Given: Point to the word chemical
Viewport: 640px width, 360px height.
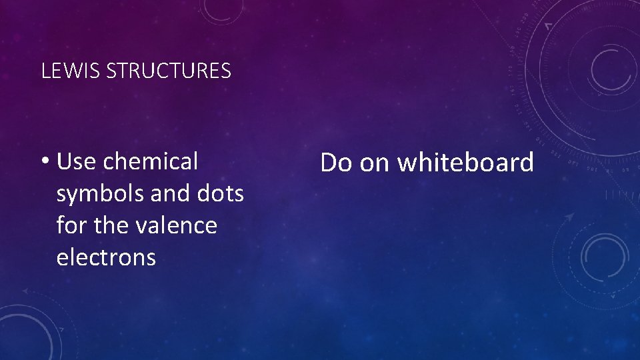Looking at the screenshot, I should click(x=151, y=161).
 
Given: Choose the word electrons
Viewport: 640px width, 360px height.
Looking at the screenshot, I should click(x=106, y=257).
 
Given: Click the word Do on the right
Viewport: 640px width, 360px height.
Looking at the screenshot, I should click(x=336, y=162).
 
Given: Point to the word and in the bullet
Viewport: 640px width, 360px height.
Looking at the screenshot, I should click(x=169, y=194).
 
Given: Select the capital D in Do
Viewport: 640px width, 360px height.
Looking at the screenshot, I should click(x=329, y=162).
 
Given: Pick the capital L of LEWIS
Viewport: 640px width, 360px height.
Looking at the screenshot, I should click(x=45, y=71).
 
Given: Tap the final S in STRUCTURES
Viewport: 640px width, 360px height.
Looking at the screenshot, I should click(x=227, y=71).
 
